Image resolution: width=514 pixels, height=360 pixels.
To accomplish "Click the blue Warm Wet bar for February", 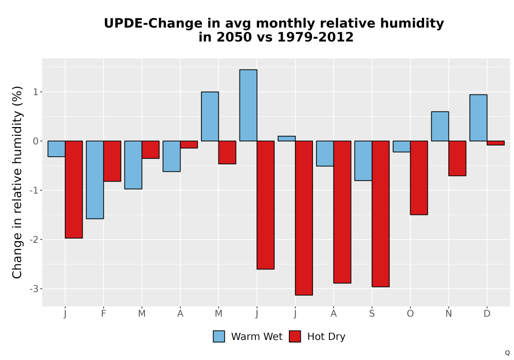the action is pyautogui.click(x=95, y=179).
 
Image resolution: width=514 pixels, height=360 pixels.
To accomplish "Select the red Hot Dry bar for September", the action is pyautogui.click(x=380, y=214).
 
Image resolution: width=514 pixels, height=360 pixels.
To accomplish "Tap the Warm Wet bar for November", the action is pyautogui.click(x=440, y=126).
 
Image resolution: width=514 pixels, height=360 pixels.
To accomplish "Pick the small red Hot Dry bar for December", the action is pyautogui.click(x=495, y=143).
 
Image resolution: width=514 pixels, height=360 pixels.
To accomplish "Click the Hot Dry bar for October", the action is pyautogui.click(x=419, y=178).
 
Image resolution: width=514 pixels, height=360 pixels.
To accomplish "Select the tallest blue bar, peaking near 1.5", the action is pyautogui.click(x=248, y=105).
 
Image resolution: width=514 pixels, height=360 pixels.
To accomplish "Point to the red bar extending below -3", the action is pyautogui.click(x=304, y=218).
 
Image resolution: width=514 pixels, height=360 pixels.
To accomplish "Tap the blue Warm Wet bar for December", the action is pyautogui.click(x=478, y=118).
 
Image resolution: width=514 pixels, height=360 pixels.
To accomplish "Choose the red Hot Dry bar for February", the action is pyautogui.click(x=112, y=161).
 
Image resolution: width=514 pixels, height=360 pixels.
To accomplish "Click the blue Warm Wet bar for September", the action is pyautogui.click(x=363, y=160).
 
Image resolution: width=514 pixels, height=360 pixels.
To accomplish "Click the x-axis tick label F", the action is pyautogui.click(x=104, y=314).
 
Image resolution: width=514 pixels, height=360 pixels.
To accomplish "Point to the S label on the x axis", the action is pyautogui.click(x=372, y=314).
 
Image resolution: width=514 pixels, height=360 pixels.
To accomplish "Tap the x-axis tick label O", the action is pyautogui.click(x=410, y=314).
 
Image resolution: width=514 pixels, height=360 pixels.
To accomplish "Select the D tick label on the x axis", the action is pyautogui.click(x=487, y=314).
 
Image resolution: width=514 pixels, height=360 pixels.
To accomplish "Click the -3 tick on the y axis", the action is pyautogui.click(x=34, y=289).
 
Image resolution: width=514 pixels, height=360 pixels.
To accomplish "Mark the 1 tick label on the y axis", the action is pyautogui.click(x=36, y=92).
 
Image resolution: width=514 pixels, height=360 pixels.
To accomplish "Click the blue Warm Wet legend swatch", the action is pyautogui.click(x=219, y=336).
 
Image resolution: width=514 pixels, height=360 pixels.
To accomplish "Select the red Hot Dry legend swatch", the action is pyautogui.click(x=295, y=336).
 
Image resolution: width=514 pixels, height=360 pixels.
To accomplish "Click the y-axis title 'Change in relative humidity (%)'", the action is pyautogui.click(x=17, y=182).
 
